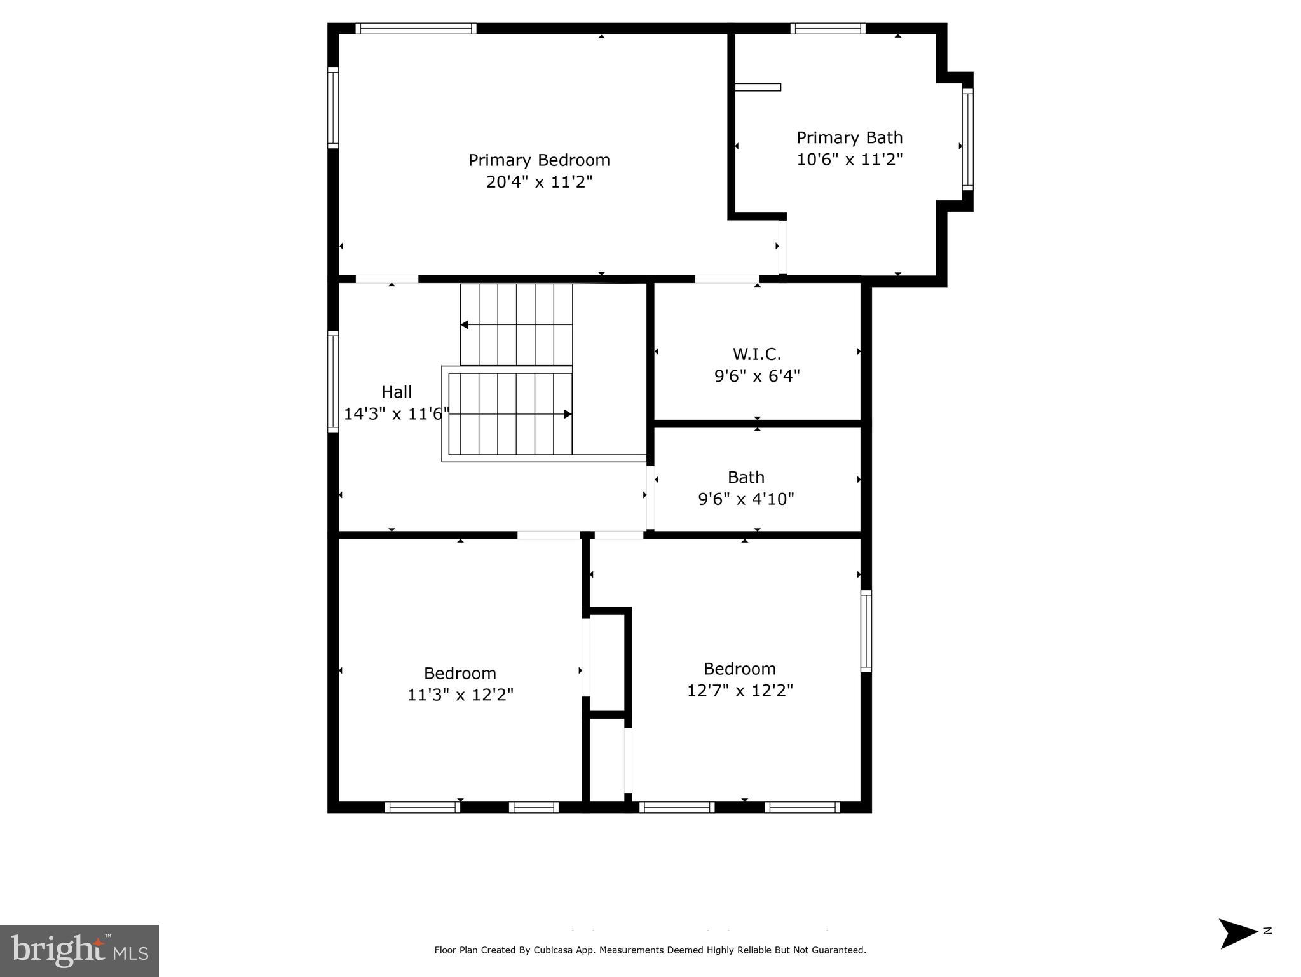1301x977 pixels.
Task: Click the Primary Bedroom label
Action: (539, 160)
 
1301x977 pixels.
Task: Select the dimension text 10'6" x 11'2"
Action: (849, 159)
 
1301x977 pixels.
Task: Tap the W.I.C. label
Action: (756, 354)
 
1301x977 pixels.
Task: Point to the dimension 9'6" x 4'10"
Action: (746, 499)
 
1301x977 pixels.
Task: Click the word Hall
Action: (397, 392)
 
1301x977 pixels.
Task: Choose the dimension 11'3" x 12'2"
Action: (460, 695)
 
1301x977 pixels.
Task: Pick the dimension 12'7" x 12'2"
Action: (740, 690)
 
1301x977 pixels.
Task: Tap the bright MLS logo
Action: (79, 950)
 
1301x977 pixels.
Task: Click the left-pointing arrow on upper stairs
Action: (465, 324)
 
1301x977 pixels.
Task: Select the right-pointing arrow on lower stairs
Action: (568, 414)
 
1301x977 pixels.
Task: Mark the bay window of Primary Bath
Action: (967, 139)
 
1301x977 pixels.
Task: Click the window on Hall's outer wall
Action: (333, 381)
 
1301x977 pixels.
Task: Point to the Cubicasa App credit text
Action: (650, 950)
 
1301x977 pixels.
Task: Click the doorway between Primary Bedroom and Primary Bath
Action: (782, 247)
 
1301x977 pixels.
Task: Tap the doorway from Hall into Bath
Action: (650, 498)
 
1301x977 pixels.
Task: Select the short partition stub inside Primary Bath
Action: (758, 87)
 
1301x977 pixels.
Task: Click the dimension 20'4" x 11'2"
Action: (539, 182)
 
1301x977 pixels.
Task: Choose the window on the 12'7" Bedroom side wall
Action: (866, 630)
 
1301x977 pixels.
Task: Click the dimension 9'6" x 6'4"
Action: (756, 376)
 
